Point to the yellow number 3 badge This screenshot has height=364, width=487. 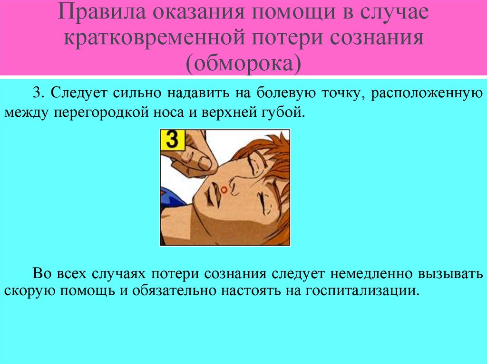pos(172,140)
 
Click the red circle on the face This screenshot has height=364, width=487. pos(224,190)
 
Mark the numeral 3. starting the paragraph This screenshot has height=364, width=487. pos(38,92)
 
